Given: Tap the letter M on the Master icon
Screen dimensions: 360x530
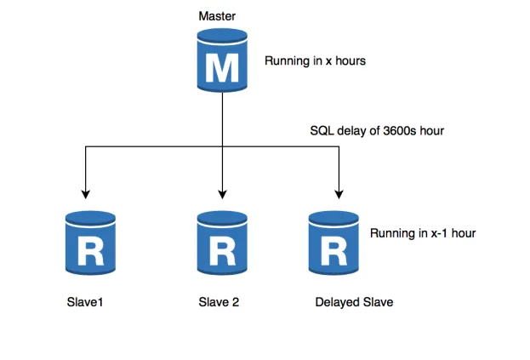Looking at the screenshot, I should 222,67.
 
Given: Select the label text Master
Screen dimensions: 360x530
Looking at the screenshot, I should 217,16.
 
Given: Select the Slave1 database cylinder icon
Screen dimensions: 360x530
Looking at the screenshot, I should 89,243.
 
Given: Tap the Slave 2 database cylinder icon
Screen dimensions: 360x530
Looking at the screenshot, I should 222,243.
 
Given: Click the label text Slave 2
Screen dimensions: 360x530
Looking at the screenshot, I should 219,302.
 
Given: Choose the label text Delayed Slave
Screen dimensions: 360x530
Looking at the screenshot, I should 354,302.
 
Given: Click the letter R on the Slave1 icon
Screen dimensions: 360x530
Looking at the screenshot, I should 89,250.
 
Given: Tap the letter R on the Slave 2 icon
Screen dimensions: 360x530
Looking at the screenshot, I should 222,250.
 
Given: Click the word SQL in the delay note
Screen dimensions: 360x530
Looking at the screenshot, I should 322,132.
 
